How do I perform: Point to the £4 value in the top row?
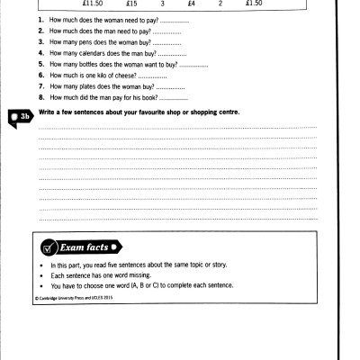click(x=192, y=4)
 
